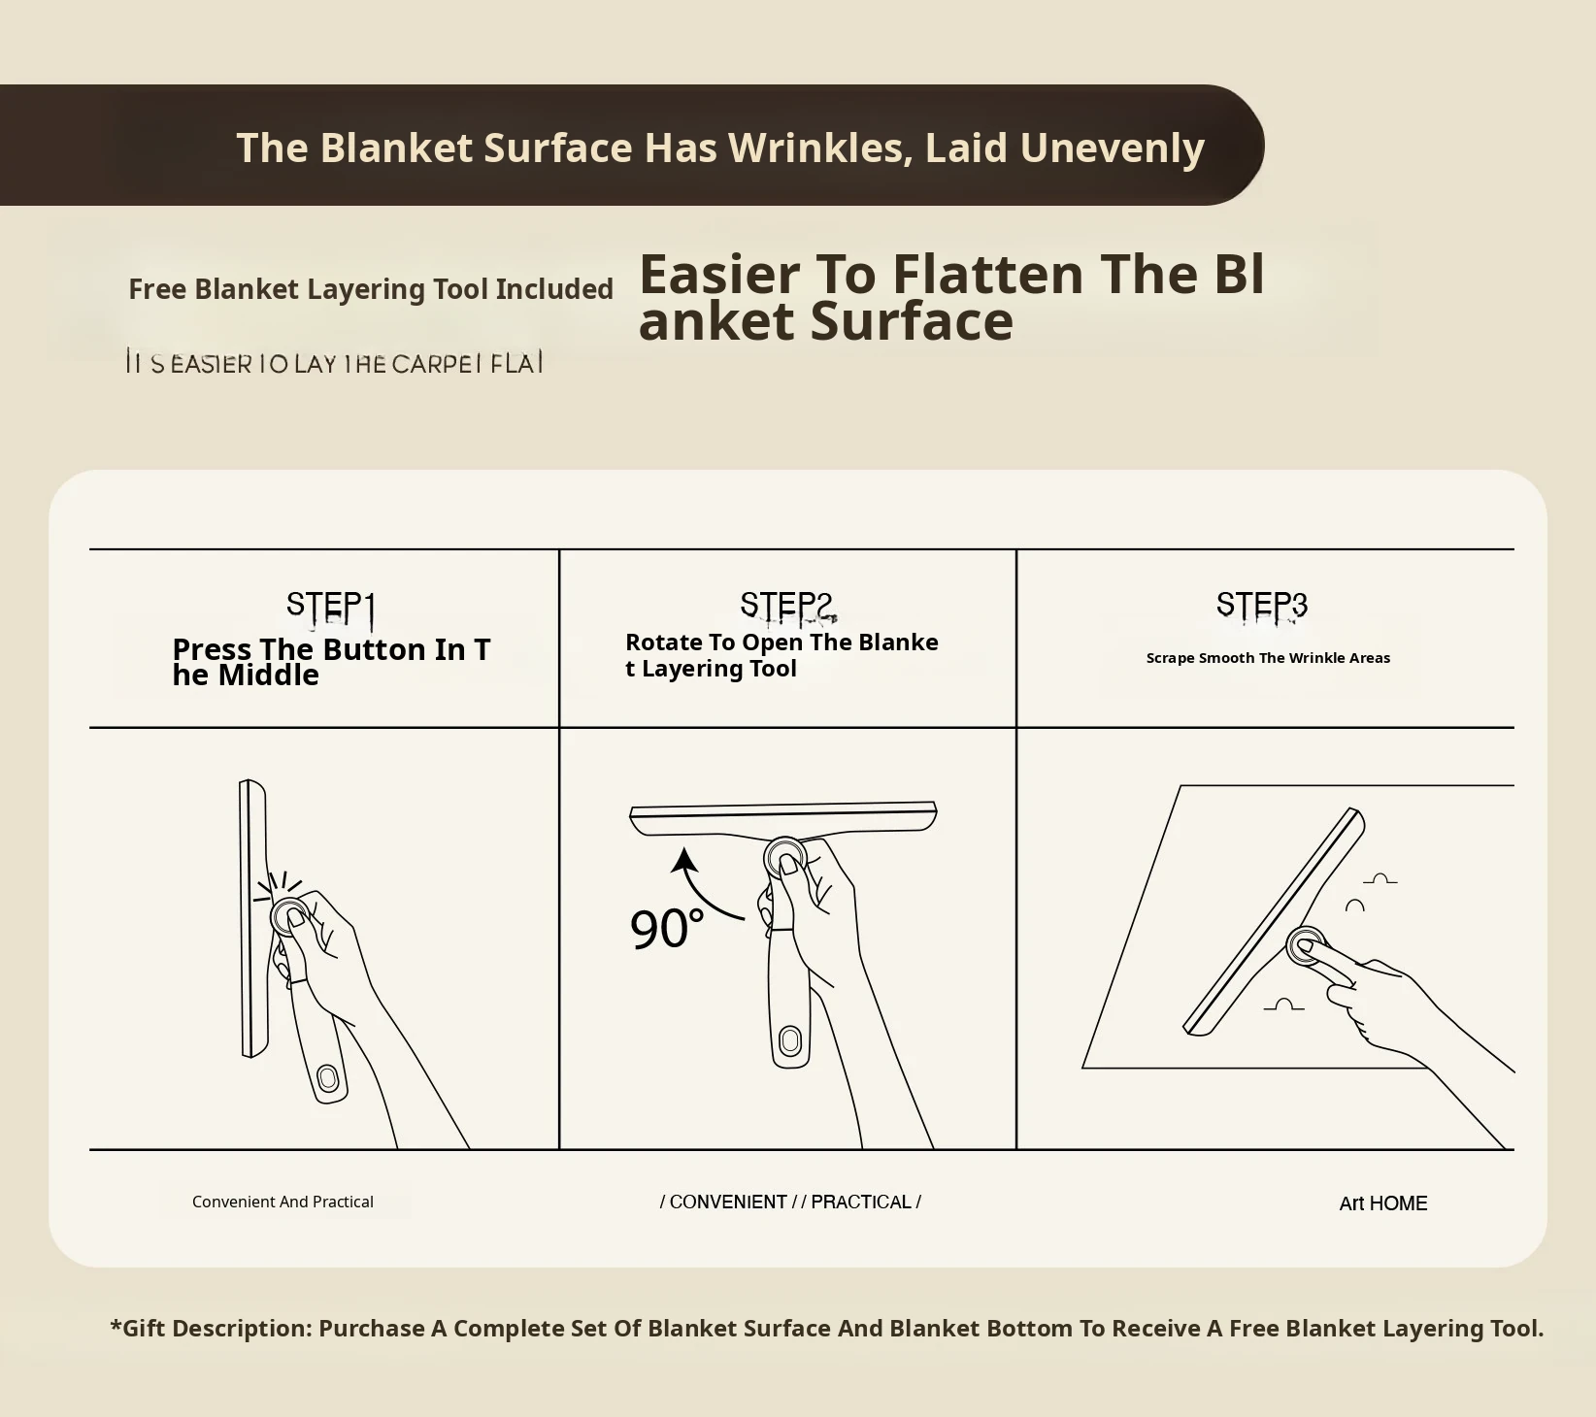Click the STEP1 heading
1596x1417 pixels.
pyautogui.click(x=330, y=606)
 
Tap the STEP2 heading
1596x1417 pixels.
pyautogui.click(x=786, y=606)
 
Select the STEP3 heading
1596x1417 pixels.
pyautogui.click(x=1261, y=605)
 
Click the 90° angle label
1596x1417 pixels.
pyautogui.click(x=666, y=929)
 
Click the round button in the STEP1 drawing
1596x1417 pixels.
pyautogui.click(x=289, y=915)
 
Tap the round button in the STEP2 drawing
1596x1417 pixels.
pyautogui.click(x=785, y=858)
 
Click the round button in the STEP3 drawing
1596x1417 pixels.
pyautogui.click(x=1306, y=944)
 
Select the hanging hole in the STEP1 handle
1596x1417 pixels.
pyautogui.click(x=327, y=1078)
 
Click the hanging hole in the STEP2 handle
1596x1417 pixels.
pyautogui.click(x=789, y=1041)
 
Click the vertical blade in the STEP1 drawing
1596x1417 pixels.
pyautogui.click(x=252, y=917)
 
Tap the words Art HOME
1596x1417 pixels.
pyautogui.click(x=1382, y=1203)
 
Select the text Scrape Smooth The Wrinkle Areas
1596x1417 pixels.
pyautogui.click(x=1267, y=658)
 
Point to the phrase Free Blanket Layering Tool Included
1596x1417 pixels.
pyautogui.click(x=371, y=289)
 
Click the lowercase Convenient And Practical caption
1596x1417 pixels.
pyautogui.click(x=283, y=1202)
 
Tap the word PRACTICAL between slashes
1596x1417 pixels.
pyautogui.click(x=861, y=1202)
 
